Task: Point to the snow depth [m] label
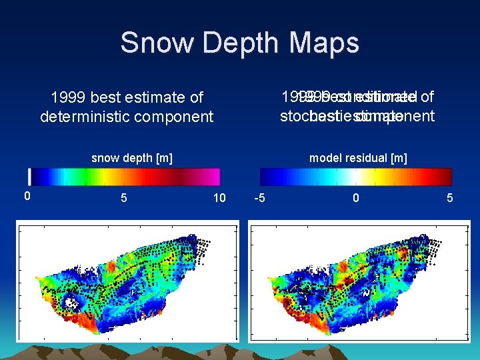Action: pos(131,158)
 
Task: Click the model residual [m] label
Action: pos(358,158)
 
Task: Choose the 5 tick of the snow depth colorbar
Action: pos(123,198)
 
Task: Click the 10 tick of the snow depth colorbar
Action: pos(219,198)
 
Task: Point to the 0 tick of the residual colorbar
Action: pos(356,198)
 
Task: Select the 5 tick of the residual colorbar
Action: pos(451,198)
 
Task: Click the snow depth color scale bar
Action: pos(126,177)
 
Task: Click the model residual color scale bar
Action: pos(356,177)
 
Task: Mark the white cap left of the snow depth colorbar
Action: pos(29,177)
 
